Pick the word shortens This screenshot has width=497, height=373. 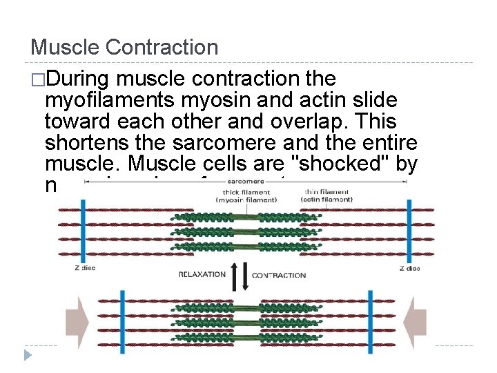point(86,144)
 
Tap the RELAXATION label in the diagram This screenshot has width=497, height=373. point(202,274)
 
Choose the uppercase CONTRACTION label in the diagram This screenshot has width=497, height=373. point(279,275)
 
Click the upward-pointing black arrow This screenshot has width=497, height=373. point(235,276)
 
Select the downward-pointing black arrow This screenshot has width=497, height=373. point(243,276)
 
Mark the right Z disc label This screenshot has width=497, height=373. point(409,268)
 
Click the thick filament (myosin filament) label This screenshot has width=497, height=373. point(246,195)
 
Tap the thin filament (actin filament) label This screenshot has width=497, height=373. point(327,195)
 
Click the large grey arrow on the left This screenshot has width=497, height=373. point(77,318)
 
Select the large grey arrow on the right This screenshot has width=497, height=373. point(418,318)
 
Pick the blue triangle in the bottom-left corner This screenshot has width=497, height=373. point(28,355)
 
